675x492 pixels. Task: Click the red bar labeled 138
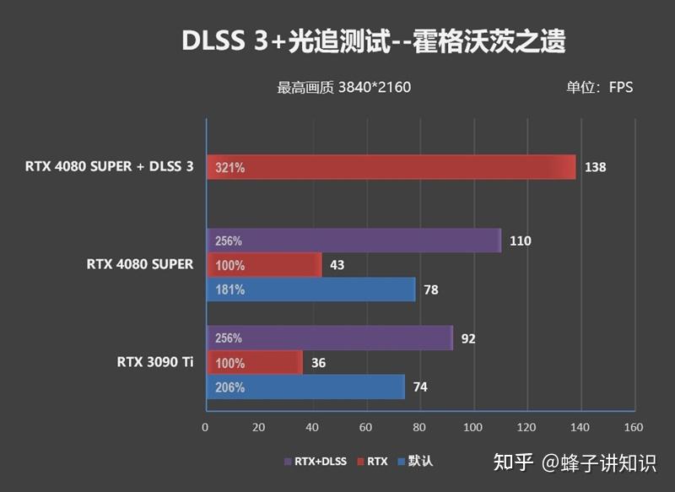pyautogui.click(x=391, y=167)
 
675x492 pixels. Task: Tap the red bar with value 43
pyautogui.click(x=264, y=265)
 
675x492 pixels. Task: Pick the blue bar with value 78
pyautogui.click(x=311, y=289)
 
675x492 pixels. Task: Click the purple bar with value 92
pyautogui.click(x=330, y=338)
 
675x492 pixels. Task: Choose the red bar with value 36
pyautogui.click(x=254, y=363)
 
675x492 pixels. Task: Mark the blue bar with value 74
pyautogui.click(x=305, y=387)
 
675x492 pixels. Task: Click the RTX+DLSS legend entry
pyautogui.click(x=316, y=462)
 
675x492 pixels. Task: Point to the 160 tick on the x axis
pyautogui.click(x=633, y=426)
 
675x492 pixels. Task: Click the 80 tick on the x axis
pyautogui.click(x=419, y=426)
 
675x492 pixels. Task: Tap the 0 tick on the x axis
pyautogui.click(x=206, y=426)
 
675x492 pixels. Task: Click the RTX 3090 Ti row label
pyautogui.click(x=155, y=363)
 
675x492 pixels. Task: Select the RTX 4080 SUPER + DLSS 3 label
pyautogui.click(x=110, y=167)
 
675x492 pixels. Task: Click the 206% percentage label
pyautogui.click(x=229, y=388)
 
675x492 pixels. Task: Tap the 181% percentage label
pyautogui.click(x=229, y=290)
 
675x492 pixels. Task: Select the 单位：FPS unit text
pyautogui.click(x=599, y=87)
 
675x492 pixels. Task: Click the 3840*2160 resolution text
pyautogui.click(x=375, y=87)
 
